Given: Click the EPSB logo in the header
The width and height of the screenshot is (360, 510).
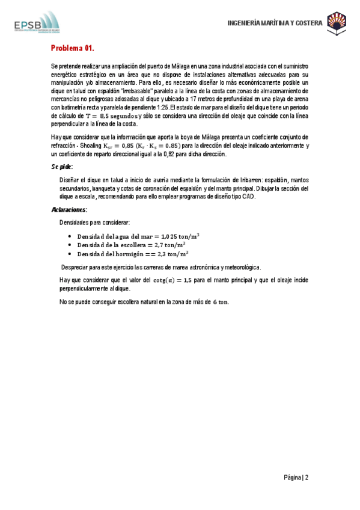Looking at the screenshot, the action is click(x=36, y=23).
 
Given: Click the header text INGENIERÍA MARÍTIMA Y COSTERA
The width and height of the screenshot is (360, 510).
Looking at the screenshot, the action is click(x=275, y=23).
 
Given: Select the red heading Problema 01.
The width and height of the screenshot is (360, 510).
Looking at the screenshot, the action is click(x=72, y=48).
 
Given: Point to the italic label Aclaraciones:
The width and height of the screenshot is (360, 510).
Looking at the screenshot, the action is click(x=69, y=209).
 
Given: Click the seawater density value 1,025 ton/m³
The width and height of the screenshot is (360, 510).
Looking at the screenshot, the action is click(x=175, y=236).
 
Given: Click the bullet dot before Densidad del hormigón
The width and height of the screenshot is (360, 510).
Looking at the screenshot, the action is click(x=71, y=255).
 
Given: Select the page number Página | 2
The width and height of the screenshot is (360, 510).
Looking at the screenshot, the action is click(x=296, y=478).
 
